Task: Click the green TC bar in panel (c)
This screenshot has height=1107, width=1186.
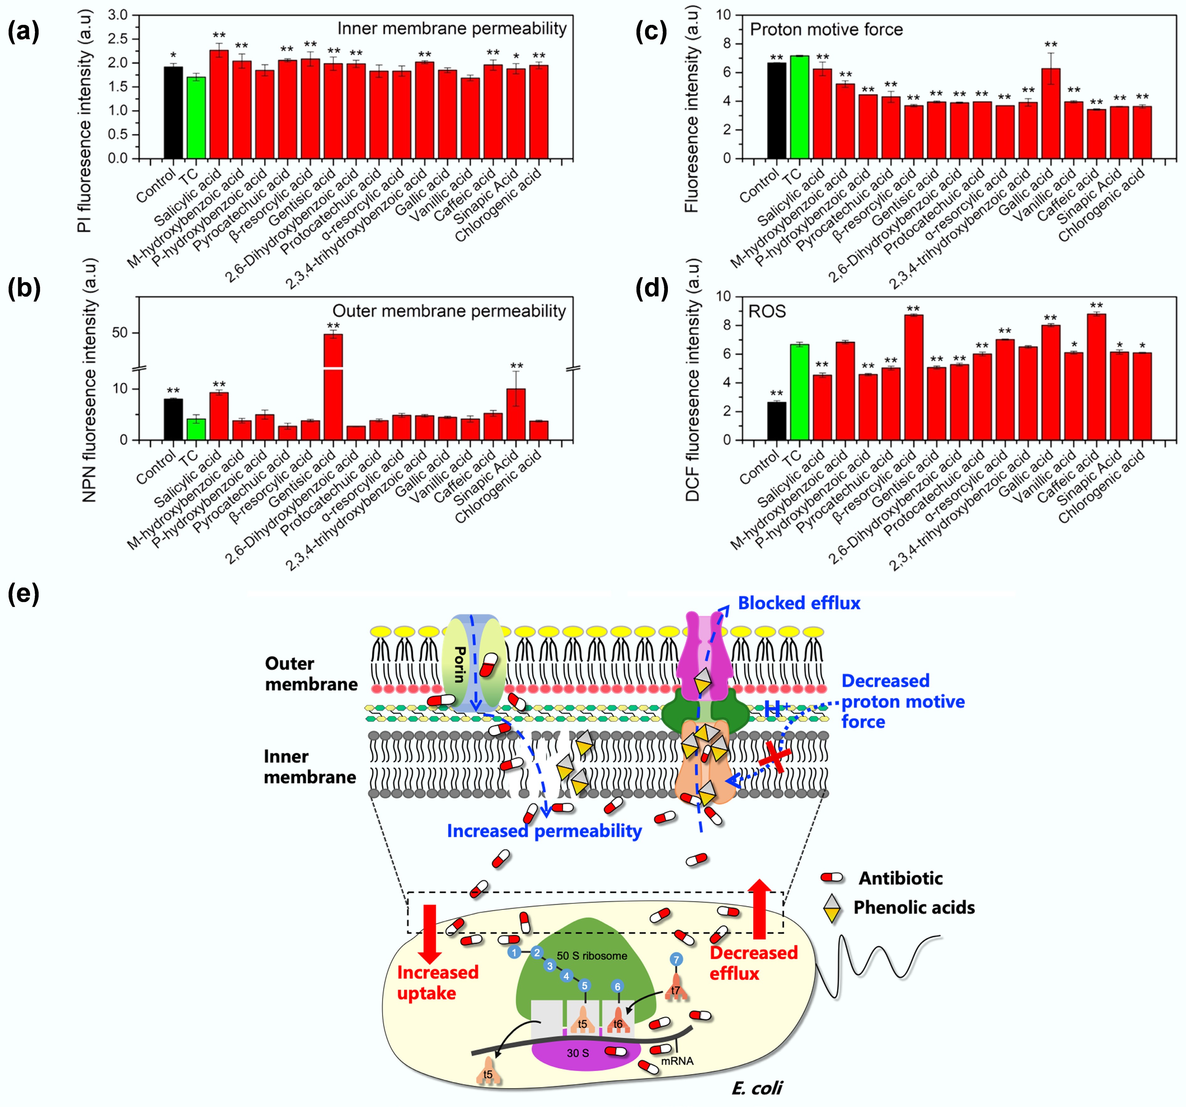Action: click(799, 107)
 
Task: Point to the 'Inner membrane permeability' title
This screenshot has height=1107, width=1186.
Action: click(451, 29)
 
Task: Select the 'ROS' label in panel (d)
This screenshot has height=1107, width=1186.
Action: click(767, 312)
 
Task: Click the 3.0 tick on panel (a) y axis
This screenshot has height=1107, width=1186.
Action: click(118, 15)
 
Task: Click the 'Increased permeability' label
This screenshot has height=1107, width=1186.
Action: click(544, 831)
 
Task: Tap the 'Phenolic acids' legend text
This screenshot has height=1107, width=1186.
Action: click(914, 908)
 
